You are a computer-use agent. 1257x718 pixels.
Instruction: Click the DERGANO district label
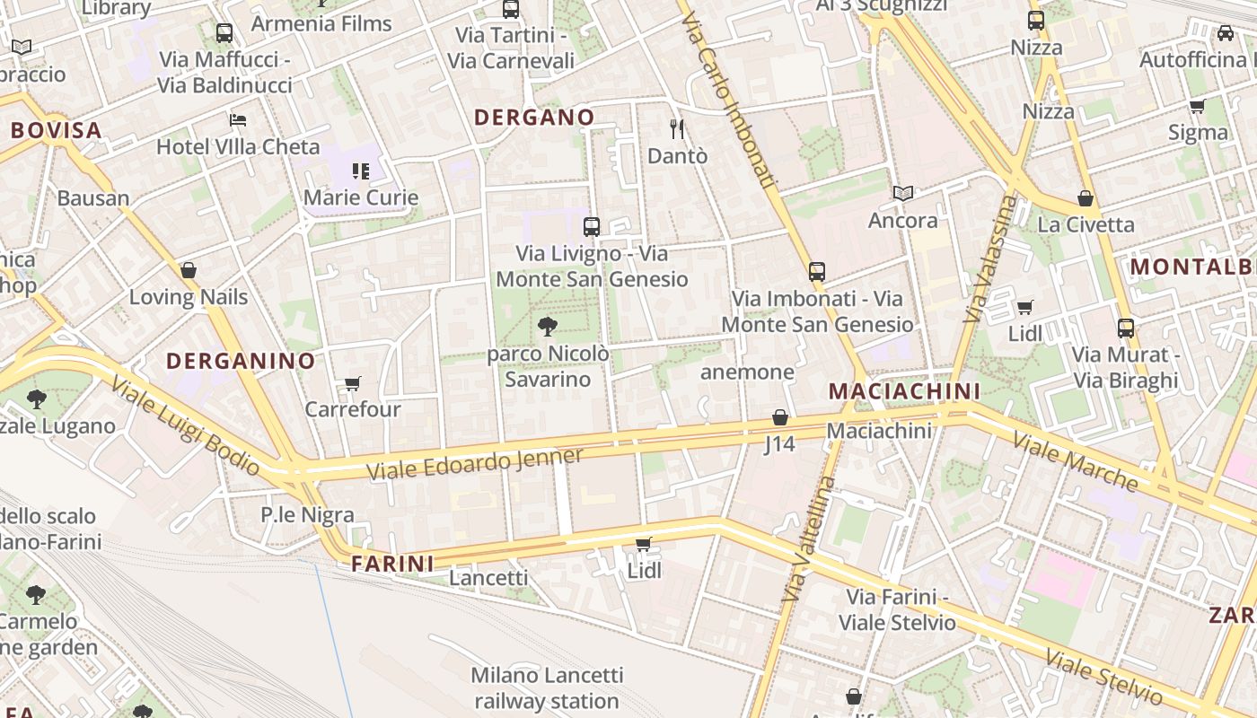coord(534,118)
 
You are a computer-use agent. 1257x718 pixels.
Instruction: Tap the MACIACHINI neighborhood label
coord(904,391)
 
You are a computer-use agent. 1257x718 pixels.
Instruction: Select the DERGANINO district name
coord(241,362)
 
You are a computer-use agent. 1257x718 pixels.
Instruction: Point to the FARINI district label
coord(392,564)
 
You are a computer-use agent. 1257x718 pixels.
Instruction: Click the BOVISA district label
coord(56,130)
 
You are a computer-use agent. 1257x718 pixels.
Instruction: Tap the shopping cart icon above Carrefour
coord(353,384)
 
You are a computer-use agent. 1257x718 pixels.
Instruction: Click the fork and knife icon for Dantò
coord(677,129)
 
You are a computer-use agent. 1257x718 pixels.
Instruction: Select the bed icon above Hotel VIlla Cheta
coord(238,119)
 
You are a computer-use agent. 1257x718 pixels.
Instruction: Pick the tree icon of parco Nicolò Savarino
coord(547,327)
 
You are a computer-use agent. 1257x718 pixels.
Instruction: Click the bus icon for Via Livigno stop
coord(591,227)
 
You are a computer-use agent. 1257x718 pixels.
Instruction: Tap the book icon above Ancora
coord(902,193)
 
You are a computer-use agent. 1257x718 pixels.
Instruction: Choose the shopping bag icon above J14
coord(779,417)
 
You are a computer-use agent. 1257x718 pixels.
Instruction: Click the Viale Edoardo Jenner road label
coord(475,464)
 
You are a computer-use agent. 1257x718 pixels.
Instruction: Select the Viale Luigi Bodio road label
coord(186,426)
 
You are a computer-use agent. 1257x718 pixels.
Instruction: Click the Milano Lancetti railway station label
coord(546,687)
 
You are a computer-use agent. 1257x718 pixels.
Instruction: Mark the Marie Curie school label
coord(361,197)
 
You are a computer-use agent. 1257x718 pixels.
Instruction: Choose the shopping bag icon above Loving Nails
coord(189,270)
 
